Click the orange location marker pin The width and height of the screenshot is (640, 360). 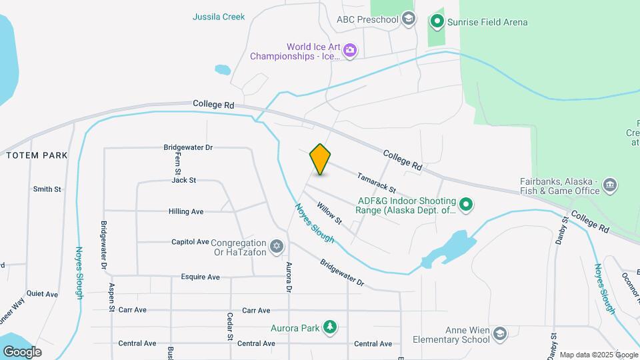pos(321,159)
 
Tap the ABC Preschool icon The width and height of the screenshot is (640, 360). pos(409,19)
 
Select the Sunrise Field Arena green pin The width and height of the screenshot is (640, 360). pos(437,22)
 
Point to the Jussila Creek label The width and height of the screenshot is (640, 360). pos(219,17)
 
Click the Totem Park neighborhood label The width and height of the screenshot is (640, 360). pos(37,155)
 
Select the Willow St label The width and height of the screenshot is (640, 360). pos(329,213)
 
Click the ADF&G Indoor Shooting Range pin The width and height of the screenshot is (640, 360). pos(467,205)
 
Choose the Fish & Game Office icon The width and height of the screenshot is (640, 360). pos(609,185)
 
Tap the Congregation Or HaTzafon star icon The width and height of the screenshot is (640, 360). pos(277,247)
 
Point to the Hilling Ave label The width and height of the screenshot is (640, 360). pos(186,211)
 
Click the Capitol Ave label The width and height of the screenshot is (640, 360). pos(190,242)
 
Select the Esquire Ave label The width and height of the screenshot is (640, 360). pos(200,277)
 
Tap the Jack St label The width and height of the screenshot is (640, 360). pos(183,180)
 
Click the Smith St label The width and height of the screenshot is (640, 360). pos(47,189)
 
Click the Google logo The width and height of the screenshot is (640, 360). pos(22,351)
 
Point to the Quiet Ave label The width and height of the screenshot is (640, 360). pos(42,294)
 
